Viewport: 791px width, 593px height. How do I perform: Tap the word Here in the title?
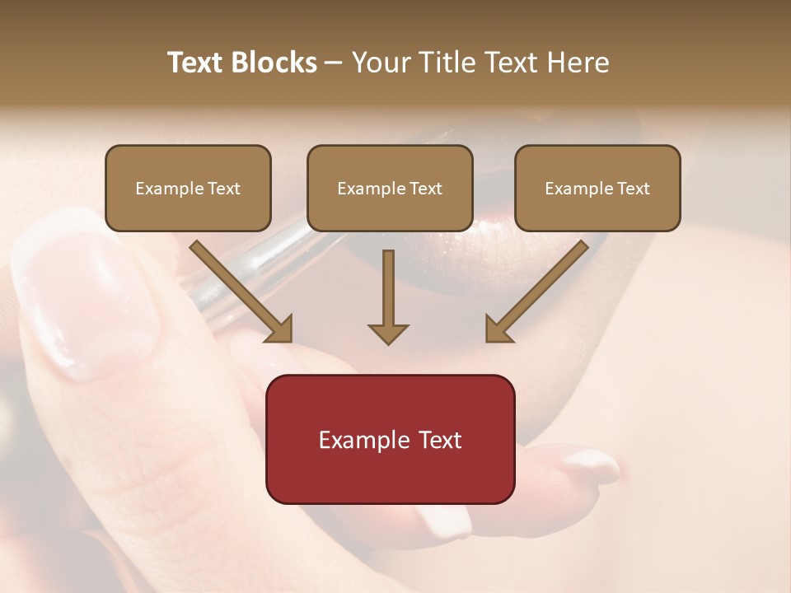pyautogui.click(x=576, y=63)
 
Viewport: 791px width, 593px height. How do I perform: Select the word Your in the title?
pyautogui.click(x=381, y=63)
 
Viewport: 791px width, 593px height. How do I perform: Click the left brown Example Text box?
pyautogui.click(x=188, y=188)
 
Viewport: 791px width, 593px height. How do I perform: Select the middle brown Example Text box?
pyautogui.click(x=390, y=188)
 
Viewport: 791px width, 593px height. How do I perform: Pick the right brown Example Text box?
pyautogui.click(x=597, y=188)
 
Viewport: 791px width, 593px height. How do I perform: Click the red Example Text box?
pyautogui.click(x=390, y=439)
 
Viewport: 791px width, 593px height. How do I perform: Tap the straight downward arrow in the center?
pyautogui.click(x=388, y=296)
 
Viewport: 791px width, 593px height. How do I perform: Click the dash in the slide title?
pyautogui.click(x=334, y=63)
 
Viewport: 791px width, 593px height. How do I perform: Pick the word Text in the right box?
pyautogui.click(x=634, y=189)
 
